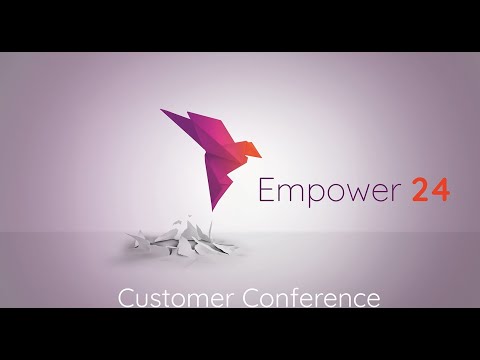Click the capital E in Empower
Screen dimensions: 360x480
click(x=266, y=188)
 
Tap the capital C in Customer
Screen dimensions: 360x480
click(x=125, y=298)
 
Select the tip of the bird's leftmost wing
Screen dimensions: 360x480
click(x=162, y=109)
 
